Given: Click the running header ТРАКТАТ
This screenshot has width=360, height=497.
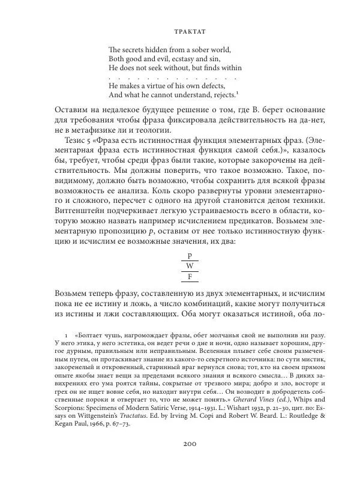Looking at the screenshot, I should point(180,28).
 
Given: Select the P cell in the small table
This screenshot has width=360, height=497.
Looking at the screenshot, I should point(190,256).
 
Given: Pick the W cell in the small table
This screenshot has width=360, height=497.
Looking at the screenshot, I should point(190,266).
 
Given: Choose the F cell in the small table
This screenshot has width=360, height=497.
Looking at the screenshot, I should point(190,276).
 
